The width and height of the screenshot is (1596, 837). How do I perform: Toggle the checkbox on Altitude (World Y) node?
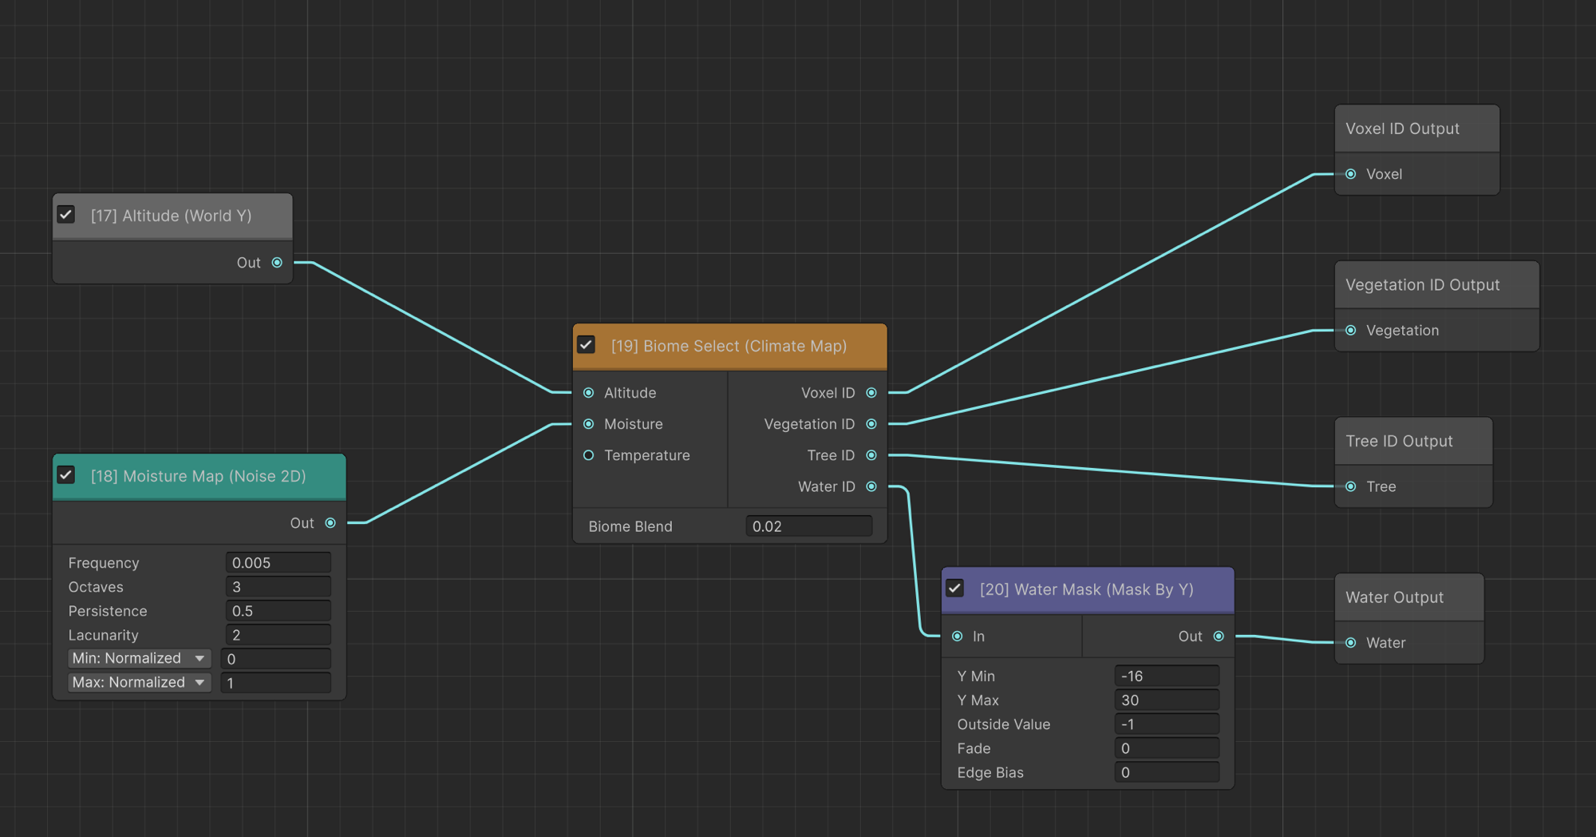66,215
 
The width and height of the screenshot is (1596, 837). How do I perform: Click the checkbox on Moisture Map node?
66,475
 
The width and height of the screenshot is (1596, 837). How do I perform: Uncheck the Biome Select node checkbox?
587,345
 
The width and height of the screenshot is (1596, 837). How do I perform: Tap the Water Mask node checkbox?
955,589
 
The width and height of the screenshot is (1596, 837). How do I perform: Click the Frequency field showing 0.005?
278,563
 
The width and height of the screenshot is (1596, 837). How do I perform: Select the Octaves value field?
278,587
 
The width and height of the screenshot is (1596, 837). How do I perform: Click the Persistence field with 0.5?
278,611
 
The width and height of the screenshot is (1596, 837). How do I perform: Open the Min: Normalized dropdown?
139,658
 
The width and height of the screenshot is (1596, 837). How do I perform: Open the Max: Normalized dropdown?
139,682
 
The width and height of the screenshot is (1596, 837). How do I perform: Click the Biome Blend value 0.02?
808,526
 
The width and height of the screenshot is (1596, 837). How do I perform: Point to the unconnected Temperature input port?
589,455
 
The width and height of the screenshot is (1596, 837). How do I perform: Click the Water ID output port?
871,486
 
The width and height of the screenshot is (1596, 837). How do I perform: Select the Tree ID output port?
871,455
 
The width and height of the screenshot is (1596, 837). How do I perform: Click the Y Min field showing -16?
1167,676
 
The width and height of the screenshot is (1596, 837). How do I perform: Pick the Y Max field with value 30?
1167,700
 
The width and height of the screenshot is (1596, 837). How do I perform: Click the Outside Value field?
1167,724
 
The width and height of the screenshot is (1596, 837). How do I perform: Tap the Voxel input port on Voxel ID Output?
1351,174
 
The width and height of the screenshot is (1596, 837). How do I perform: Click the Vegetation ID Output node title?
1423,285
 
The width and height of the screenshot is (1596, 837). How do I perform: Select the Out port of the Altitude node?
277,263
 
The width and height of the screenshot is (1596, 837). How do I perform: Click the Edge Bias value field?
1167,772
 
